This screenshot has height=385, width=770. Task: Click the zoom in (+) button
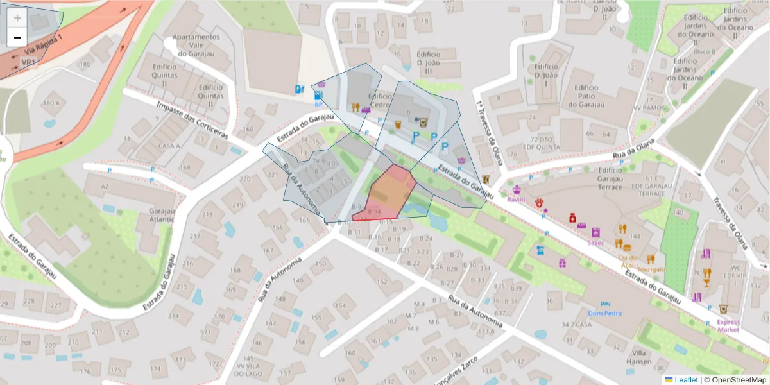point(17,18)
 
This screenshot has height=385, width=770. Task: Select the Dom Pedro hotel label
point(605,314)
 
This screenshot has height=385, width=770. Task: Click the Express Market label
point(728,326)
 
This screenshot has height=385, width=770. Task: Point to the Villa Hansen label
point(640,357)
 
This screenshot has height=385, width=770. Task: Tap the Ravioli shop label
point(517,200)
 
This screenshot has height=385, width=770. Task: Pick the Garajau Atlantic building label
point(161,215)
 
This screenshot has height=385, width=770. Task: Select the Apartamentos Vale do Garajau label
point(196,45)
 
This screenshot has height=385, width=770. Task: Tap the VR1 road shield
point(28,62)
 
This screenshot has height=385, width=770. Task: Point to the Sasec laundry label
point(595,243)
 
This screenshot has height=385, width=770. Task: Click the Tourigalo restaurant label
point(651,269)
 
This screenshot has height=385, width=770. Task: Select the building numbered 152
point(381,281)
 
